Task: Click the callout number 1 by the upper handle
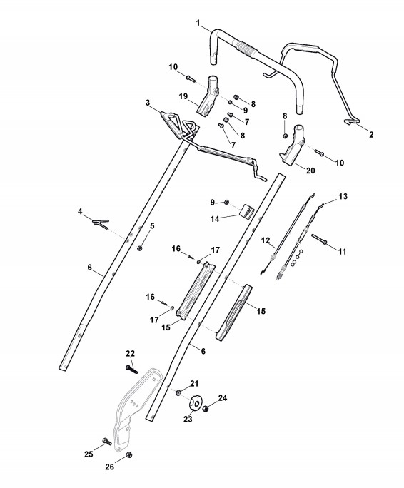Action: pos(198,23)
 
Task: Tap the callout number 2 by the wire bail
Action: pos(370,134)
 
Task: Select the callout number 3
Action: pos(148,103)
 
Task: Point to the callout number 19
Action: pos(183,96)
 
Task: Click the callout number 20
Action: pos(310,171)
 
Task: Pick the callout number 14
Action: pos(215,219)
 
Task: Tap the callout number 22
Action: pos(130,354)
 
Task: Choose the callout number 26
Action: pos(110,467)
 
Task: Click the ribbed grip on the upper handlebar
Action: pos(247,49)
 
